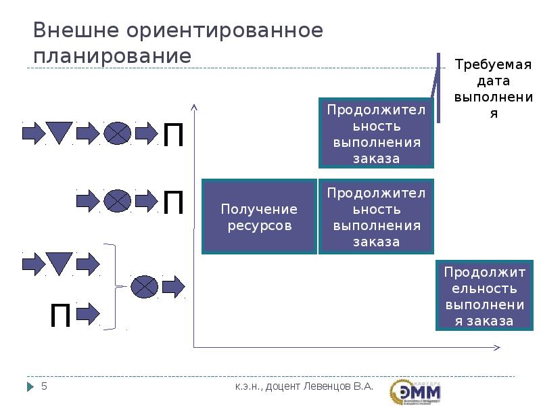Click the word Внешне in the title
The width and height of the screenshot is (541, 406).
pyautogui.click(x=71, y=30)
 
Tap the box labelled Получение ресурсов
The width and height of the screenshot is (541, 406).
pyautogui.click(x=259, y=217)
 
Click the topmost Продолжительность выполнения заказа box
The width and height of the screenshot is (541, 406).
pyautogui.click(x=376, y=133)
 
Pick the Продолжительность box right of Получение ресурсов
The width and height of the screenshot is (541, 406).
pyautogui.click(x=376, y=217)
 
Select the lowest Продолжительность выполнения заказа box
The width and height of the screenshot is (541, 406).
pyautogui.click(x=484, y=296)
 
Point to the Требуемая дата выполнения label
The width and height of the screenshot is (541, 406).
pyautogui.click(x=493, y=89)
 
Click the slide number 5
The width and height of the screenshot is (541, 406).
pyautogui.click(x=45, y=386)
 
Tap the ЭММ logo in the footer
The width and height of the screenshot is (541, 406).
pyautogui.click(x=415, y=391)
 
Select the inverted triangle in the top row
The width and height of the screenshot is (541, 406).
pyautogui.click(x=59, y=132)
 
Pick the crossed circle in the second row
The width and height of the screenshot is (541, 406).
pyautogui.click(x=117, y=200)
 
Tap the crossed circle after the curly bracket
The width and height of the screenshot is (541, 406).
pyautogui.click(x=144, y=287)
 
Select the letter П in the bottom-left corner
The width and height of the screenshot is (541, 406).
pyautogui.click(x=61, y=315)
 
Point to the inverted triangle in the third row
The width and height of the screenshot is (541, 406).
pyautogui.click(x=59, y=263)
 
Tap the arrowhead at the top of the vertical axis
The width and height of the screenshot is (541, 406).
pyautogui.click(x=194, y=106)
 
